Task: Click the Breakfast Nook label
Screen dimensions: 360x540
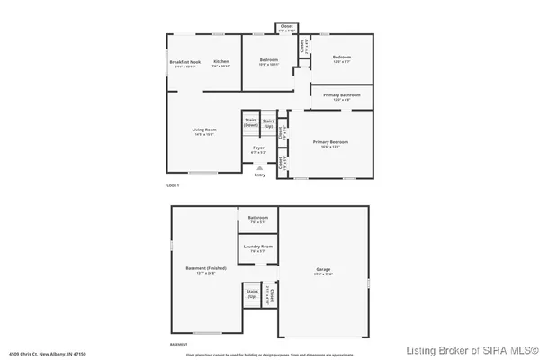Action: [184, 61]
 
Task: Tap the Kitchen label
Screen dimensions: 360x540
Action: [220, 61]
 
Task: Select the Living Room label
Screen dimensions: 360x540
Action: [204, 130]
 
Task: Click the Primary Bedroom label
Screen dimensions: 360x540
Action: [330, 142]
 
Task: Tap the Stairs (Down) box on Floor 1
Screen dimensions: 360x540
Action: [251, 123]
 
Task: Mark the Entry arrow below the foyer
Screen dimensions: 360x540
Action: [259, 168]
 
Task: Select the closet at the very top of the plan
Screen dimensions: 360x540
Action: [287, 27]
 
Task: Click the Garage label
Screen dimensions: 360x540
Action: [323, 269]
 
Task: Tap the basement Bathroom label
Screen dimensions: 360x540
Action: [258, 217]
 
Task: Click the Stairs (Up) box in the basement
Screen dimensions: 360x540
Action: [251, 293]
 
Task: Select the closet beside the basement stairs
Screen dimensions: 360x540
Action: [270, 294]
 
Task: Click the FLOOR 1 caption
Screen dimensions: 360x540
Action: [172, 185]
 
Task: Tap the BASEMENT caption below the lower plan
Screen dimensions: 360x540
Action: [179, 345]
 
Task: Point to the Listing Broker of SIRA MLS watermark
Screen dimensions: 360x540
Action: [472, 350]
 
